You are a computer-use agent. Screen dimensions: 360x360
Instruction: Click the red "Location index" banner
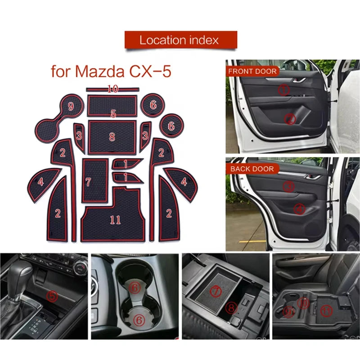[x=180, y=40]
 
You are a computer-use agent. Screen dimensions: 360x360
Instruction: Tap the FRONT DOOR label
[x=252, y=71]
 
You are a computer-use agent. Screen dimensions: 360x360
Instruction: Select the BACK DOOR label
[x=252, y=169]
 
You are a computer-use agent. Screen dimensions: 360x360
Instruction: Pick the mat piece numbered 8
[x=112, y=136]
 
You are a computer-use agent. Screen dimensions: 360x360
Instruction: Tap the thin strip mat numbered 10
[x=112, y=89]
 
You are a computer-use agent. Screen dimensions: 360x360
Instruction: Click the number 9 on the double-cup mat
[x=71, y=107]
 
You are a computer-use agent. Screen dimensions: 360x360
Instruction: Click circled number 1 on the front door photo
[x=284, y=90]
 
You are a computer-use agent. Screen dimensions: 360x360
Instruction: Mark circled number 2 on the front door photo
[x=290, y=119]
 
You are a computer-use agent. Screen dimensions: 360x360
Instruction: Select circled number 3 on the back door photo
[x=289, y=186]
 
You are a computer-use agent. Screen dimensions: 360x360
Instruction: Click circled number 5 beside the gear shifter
[x=53, y=296]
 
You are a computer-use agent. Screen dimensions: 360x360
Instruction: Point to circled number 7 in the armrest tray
[x=216, y=292]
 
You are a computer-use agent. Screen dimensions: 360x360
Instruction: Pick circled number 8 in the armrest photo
[x=232, y=308]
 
